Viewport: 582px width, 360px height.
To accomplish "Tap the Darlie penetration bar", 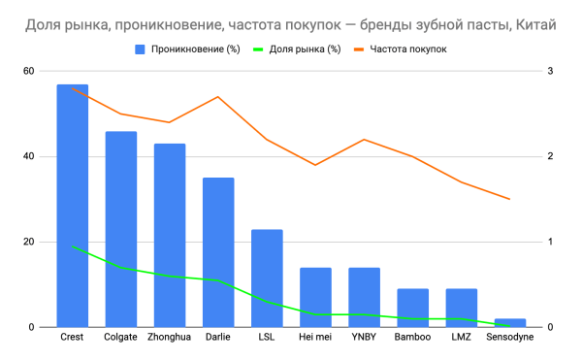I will click(x=218, y=252).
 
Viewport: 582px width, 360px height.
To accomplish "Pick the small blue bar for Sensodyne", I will click(x=509, y=322).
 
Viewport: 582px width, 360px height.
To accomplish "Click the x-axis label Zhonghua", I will click(x=169, y=338).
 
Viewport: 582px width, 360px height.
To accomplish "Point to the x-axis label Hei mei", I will click(x=315, y=338).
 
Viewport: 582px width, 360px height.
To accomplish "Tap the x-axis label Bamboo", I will click(x=412, y=338).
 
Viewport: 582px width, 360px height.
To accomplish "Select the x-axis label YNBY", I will click(x=364, y=338).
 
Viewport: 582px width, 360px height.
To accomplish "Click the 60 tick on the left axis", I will click(x=28, y=71).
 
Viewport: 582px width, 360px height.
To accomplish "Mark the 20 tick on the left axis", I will click(x=28, y=242).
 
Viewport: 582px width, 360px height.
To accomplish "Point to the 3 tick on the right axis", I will click(x=550, y=71).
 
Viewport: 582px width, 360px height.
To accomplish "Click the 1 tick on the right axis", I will click(x=550, y=242).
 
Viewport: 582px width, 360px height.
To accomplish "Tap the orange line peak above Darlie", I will click(x=218, y=97).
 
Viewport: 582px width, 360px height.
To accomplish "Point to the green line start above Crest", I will click(x=73, y=246).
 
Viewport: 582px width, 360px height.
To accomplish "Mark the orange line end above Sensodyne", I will click(x=509, y=199).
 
